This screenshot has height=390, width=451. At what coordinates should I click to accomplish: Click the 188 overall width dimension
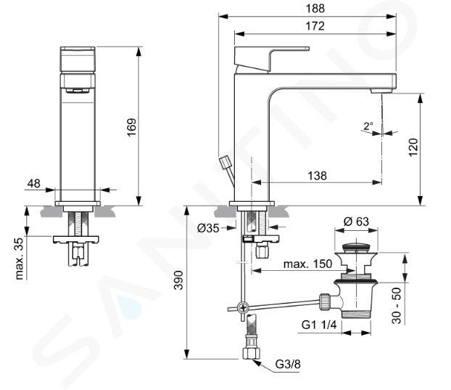point(315,9)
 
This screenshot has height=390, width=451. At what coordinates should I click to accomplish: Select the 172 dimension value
point(315,26)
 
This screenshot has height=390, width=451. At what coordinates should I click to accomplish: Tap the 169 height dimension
point(131,128)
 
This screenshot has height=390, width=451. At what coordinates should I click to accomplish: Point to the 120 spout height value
point(413,147)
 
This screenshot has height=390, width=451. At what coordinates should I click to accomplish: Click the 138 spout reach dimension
point(318,176)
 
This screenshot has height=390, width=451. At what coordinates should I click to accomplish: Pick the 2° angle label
point(368,126)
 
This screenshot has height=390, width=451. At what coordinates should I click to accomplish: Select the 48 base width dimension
point(34,183)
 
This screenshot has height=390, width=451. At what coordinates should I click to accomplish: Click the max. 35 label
point(20,259)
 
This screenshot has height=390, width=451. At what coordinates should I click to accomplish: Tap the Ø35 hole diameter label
point(208,228)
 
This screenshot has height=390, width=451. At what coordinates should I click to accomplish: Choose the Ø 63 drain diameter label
point(356,222)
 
